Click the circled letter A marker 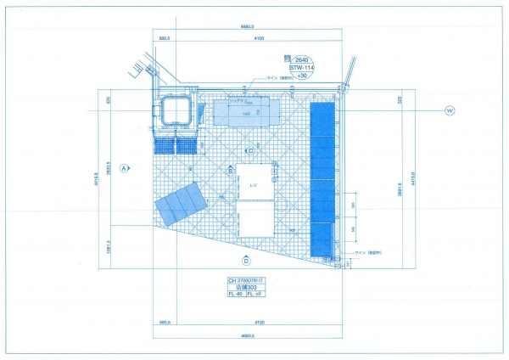pos(124,168)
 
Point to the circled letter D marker pos(246,261)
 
